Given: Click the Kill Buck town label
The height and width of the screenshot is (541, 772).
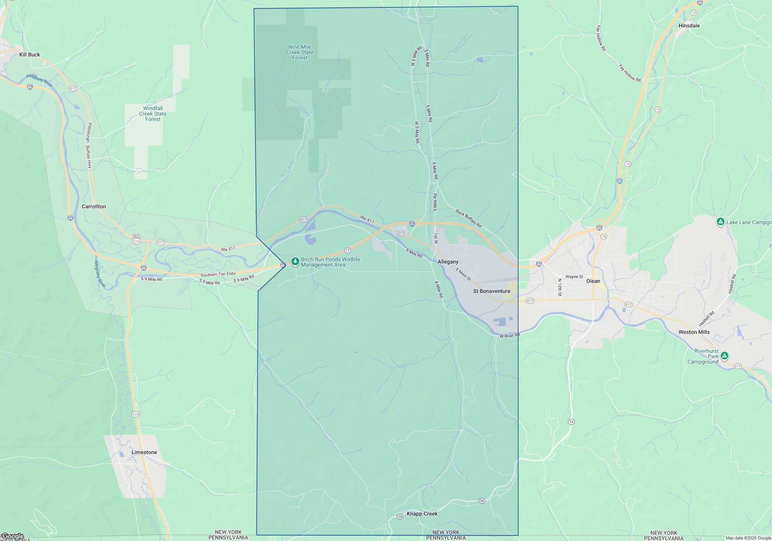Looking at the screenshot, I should tap(30, 54).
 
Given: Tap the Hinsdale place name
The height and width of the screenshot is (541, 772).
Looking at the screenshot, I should tap(689, 26).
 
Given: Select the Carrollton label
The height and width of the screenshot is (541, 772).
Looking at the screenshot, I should tap(94, 206).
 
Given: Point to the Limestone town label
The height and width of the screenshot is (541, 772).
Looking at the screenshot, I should tap(144, 452).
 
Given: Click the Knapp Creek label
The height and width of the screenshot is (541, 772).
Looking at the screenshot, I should tap(422, 514).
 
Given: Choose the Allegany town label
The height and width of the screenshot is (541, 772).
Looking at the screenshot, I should tap(448, 262).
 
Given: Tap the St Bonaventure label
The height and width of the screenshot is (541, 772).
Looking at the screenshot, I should tap(491, 291).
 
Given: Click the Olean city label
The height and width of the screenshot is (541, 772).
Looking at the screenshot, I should tap(593, 281).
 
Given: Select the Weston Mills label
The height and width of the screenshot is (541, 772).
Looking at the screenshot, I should tap(694, 332).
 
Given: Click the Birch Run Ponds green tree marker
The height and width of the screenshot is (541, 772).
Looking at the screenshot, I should tap(295, 262).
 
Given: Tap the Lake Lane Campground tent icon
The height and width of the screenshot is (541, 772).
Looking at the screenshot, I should tap(720, 222).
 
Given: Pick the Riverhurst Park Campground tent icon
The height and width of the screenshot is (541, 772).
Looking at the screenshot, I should tap(725, 356).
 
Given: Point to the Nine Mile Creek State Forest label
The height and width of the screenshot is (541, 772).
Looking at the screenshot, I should tap(300, 52).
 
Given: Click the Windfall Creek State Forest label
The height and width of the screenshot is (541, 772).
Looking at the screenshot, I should tap(153, 114).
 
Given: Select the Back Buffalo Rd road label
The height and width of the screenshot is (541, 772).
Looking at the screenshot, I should tap(469, 218).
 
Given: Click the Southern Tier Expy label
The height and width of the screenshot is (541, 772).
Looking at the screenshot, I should tap(218, 274).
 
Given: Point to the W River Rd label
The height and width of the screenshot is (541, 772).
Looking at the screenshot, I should tap(510, 335).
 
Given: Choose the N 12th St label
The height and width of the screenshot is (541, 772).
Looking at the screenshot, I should tap(560, 288).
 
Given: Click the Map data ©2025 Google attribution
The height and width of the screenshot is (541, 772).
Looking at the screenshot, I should tap(748, 538).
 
